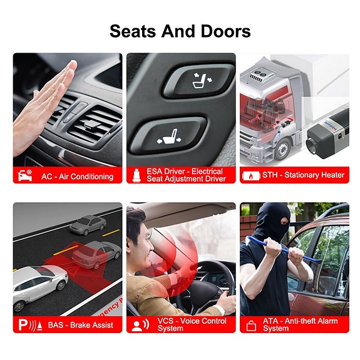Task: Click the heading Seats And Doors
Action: (x=180, y=31)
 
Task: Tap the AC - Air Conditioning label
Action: (x=77, y=176)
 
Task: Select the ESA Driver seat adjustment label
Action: (x=185, y=175)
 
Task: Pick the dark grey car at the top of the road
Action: (x=88, y=224)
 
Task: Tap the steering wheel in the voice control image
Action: (x=200, y=294)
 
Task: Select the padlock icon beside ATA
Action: (x=252, y=325)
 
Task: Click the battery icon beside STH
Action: (x=251, y=176)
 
